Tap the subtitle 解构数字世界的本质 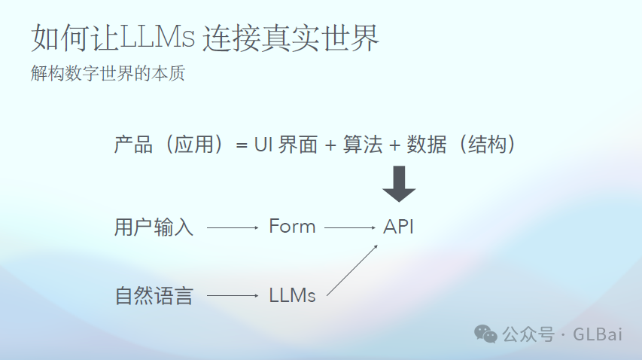[x=108, y=75]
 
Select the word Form [x=292, y=227]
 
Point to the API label [x=398, y=227]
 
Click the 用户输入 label [x=154, y=227]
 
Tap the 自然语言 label [x=154, y=295]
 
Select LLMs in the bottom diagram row [x=292, y=295]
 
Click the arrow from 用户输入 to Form [x=232, y=227]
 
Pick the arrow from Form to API [x=349, y=227]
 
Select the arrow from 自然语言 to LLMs [x=232, y=295]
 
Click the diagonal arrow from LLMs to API [x=351, y=269]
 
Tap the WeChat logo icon [x=485, y=334]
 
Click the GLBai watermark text [x=598, y=334]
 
